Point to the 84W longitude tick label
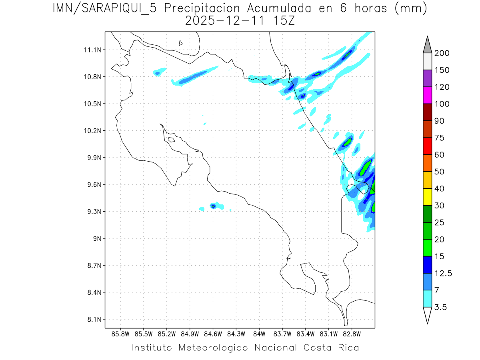pos(259,334)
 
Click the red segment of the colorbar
pos(427,146)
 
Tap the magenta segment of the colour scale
pos(427,95)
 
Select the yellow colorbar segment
pos(427,197)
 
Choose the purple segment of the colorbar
pos(427,78)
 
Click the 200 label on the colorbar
pos(442,53)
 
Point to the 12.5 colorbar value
pos(443,273)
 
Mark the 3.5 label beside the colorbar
pos(441,307)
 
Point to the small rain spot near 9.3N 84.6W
pos(214,206)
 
